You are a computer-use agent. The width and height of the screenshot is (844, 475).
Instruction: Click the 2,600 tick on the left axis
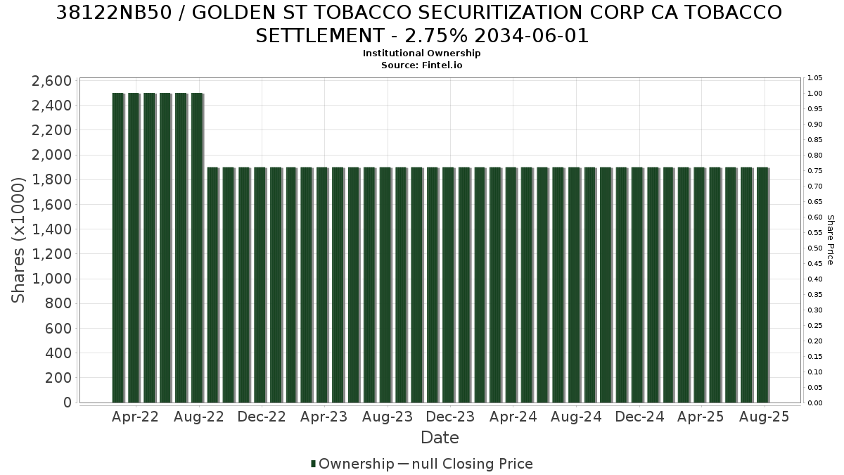[51, 81]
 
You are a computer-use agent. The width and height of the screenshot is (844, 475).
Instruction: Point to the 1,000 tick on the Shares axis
[51, 279]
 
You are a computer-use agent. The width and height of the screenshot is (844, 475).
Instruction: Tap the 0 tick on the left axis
[68, 403]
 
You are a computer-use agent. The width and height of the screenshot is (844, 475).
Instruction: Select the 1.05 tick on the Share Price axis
[815, 78]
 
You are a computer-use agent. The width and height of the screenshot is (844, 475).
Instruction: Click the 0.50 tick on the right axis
[815, 248]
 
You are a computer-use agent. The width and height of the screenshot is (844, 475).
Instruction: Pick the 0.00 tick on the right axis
[815, 403]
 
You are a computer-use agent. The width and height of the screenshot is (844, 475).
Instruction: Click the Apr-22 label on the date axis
[135, 417]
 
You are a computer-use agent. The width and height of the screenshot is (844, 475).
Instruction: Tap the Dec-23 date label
[450, 417]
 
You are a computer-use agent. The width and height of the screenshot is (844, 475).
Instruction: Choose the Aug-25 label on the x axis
[764, 417]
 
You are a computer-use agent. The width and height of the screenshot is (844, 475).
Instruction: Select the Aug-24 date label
[576, 417]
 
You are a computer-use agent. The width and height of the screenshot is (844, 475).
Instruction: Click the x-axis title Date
[440, 438]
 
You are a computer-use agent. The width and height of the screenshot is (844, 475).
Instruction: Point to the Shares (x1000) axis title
[18, 240]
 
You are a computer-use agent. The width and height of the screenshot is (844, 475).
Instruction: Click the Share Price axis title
[831, 240]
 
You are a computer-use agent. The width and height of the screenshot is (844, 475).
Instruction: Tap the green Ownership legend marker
[313, 464]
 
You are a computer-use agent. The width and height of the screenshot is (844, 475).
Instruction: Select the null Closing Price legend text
[472, 464]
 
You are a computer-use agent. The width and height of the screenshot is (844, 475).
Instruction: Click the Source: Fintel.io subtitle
[421, 65]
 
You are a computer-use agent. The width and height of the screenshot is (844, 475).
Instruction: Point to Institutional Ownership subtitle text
[421, 53]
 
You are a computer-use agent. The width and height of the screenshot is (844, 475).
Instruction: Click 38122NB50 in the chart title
[114, 13]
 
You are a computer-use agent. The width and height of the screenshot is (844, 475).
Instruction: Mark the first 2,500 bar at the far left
[118, 248]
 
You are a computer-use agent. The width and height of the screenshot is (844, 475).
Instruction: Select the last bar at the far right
[762, 285]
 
